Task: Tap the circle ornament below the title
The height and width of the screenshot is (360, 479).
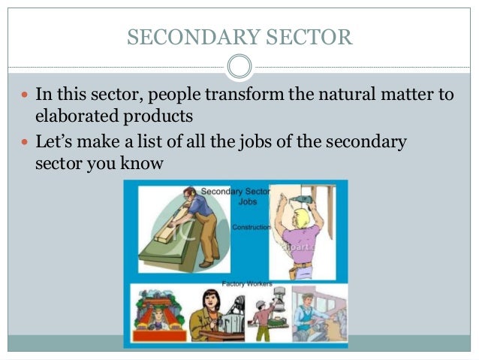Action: pos(239,67)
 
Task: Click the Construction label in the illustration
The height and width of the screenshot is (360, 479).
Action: pos(251,227)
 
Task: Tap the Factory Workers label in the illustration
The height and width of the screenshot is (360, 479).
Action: pos(246,283)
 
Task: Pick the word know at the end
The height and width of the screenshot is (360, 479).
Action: pos(142,162)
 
